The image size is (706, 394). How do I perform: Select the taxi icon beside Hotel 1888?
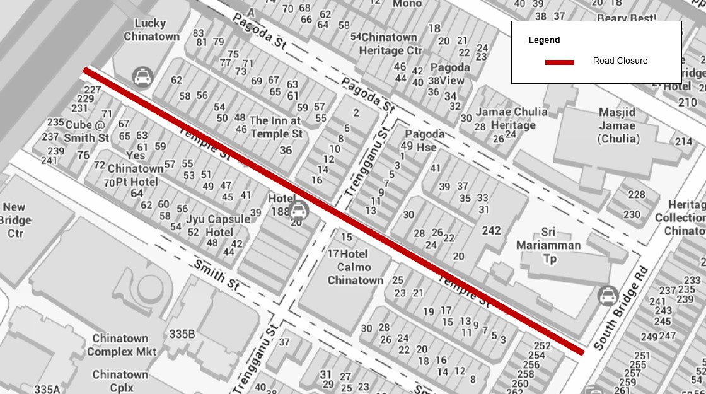click(299, 210)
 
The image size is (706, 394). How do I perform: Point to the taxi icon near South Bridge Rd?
click(607, 295)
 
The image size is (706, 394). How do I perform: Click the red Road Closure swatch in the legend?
click(559, 62)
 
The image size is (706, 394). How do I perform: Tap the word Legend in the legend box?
click(543, 40)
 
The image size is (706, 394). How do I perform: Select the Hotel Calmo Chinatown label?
click(355, 267)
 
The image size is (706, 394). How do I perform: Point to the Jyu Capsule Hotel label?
click(218, 226)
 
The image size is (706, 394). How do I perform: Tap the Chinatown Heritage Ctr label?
click(391, 43)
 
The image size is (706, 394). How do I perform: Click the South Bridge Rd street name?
click(621, 309)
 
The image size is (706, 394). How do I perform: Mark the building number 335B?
click(182, 334)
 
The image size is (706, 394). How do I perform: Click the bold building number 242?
click(491, 231)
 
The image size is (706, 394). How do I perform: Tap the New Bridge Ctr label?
click(15, 220)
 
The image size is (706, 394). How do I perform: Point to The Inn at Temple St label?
click(276, 127)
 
